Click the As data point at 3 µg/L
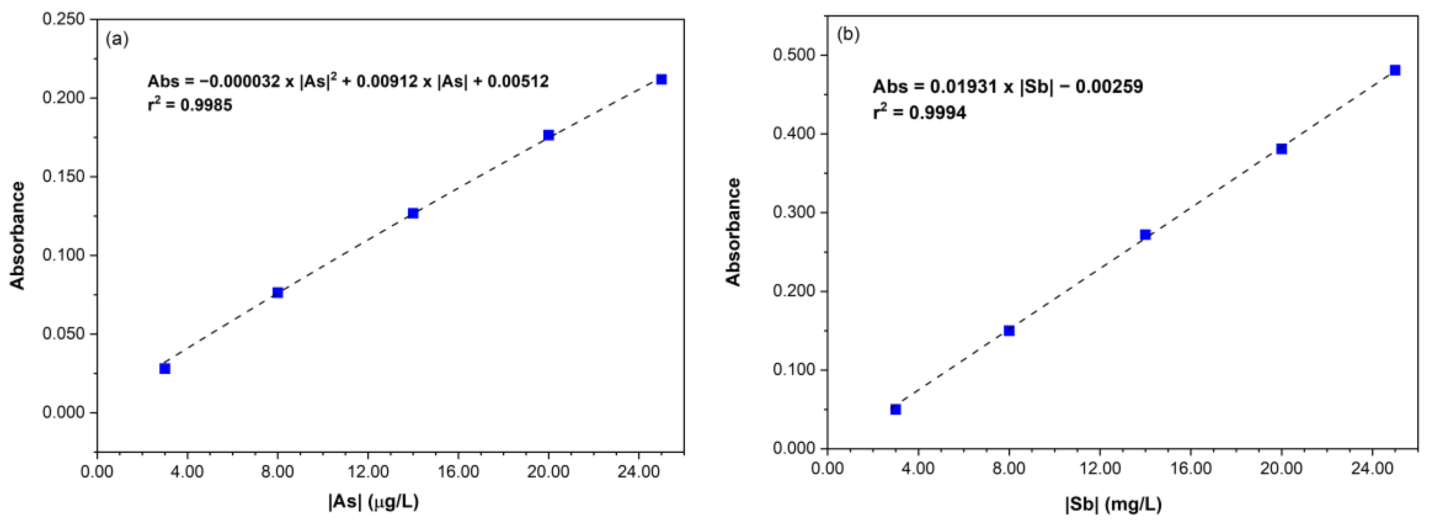pos(165,369)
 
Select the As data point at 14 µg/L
pos(413,213)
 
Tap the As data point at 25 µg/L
pos(661,80)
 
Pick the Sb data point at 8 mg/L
pos(1009,331)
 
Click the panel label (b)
pos(848,34)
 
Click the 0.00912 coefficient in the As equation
pos(387,82)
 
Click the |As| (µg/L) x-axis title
pos(374,501)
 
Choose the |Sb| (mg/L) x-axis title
pos(1113,504)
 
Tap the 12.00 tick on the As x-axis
pos(368,472)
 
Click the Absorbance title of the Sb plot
pos(733,232)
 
